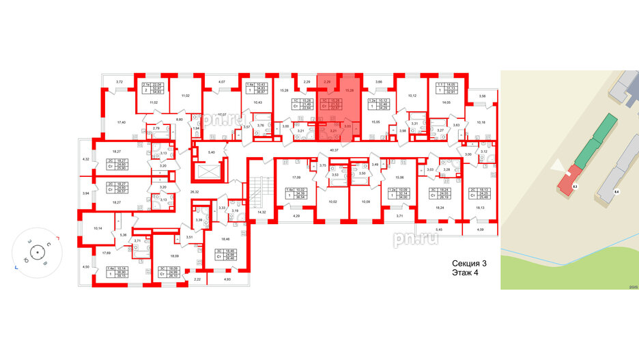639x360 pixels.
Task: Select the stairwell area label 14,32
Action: (x=260, y=213)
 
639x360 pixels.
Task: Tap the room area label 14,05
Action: (x=447, y=102)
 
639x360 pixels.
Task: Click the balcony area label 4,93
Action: (x=227, y=279)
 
